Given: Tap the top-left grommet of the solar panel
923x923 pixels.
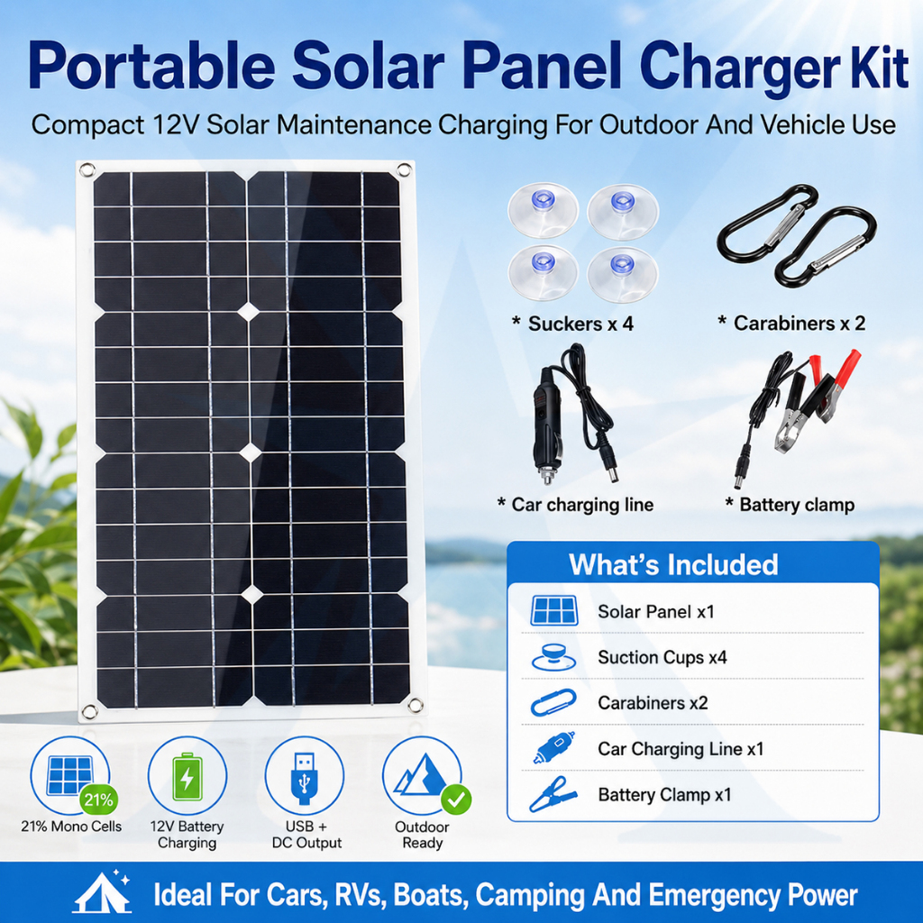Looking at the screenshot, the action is (87, 170).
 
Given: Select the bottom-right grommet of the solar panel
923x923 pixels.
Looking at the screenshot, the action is (415, 705).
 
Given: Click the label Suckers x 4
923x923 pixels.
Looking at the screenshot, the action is (572, 324).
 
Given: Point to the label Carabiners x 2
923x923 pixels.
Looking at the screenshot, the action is (791, 324).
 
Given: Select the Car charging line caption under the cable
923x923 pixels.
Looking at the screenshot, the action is (575, 505).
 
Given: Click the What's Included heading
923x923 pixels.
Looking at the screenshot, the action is (673, 564).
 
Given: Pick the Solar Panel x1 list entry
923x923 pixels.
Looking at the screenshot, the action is (656, 612).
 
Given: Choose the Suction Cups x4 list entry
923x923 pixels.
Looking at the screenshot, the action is (663, 657).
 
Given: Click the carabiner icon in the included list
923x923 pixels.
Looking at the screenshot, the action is (553, 703).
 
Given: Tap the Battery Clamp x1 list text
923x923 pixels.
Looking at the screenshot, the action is (664, 795).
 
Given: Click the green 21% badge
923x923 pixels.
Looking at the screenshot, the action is (98, 800).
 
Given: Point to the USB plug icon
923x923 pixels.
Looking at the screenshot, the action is (305, 778).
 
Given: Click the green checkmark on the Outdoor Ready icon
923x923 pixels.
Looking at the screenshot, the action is (455, 800).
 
